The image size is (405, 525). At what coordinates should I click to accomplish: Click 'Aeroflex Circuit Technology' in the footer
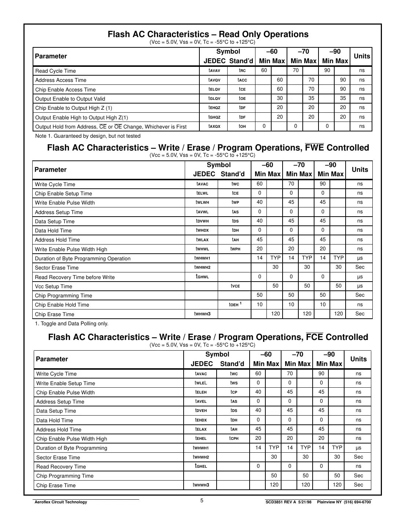[x=60, y=502]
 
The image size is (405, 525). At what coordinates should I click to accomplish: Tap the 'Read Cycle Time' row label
[x=55, y=71]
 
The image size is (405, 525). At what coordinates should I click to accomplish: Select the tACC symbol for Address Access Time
[x=242, y=80]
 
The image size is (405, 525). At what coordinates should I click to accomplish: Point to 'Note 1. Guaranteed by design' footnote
[x=88, y=136]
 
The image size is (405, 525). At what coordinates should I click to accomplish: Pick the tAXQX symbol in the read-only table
[x=214, y=126]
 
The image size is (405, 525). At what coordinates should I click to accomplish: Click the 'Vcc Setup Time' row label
[x=54, y=286]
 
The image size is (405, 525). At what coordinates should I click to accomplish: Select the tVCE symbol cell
[x=235, y=286]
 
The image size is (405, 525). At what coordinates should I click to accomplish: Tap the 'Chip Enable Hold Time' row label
[x=62, y=305]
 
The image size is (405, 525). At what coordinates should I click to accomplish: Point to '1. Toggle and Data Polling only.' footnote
[x=72, y=323]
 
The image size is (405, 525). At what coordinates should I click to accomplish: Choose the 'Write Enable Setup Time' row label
[x=66, y=383]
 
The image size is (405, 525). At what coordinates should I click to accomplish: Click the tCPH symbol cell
[x=234, y=438]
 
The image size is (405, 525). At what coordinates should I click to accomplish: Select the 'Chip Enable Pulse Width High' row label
[x=72, y=439]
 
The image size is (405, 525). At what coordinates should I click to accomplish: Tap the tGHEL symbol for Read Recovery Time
[x=201, y=466]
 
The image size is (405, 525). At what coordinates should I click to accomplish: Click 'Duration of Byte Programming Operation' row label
[x=82, y=258]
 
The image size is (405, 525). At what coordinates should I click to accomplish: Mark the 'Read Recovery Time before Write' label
[x=75, y=277]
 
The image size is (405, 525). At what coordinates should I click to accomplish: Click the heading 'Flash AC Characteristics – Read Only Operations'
[x=208, y=34]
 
